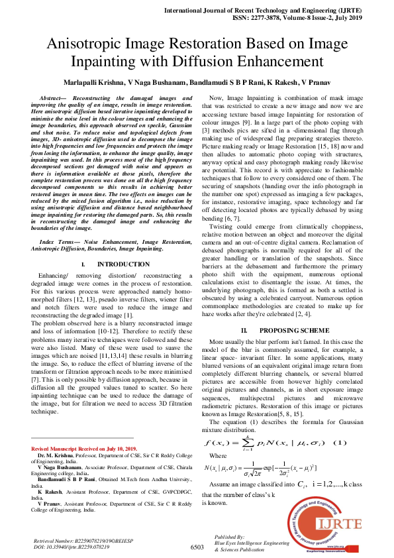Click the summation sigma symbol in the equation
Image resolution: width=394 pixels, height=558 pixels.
click(x=248, y=424)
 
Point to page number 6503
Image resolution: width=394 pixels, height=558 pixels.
click(x=197, y=547)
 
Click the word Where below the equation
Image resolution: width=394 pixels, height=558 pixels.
click(x=217, y=437)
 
